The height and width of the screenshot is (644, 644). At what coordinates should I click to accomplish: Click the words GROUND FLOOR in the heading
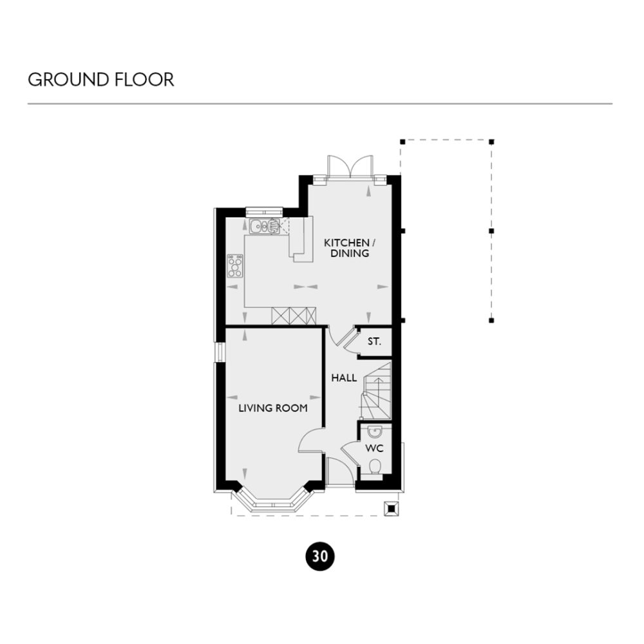(101, 80)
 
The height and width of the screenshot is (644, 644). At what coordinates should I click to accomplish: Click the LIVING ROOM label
(272, 408)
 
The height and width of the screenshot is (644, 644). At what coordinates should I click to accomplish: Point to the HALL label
(344, 378)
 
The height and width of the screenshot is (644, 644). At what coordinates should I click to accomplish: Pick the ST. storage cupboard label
(374, 341)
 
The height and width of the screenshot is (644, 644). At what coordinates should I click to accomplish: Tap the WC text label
(374, 447)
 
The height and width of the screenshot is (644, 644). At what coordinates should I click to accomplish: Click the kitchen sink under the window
(261, 226)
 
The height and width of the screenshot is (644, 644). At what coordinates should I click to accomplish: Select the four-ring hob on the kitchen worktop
(235, 266)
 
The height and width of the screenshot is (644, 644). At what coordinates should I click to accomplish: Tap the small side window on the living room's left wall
(219, 353)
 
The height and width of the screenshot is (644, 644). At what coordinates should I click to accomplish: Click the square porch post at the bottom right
(391, 509)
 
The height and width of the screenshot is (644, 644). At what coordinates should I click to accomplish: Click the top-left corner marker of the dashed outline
(402, 141)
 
